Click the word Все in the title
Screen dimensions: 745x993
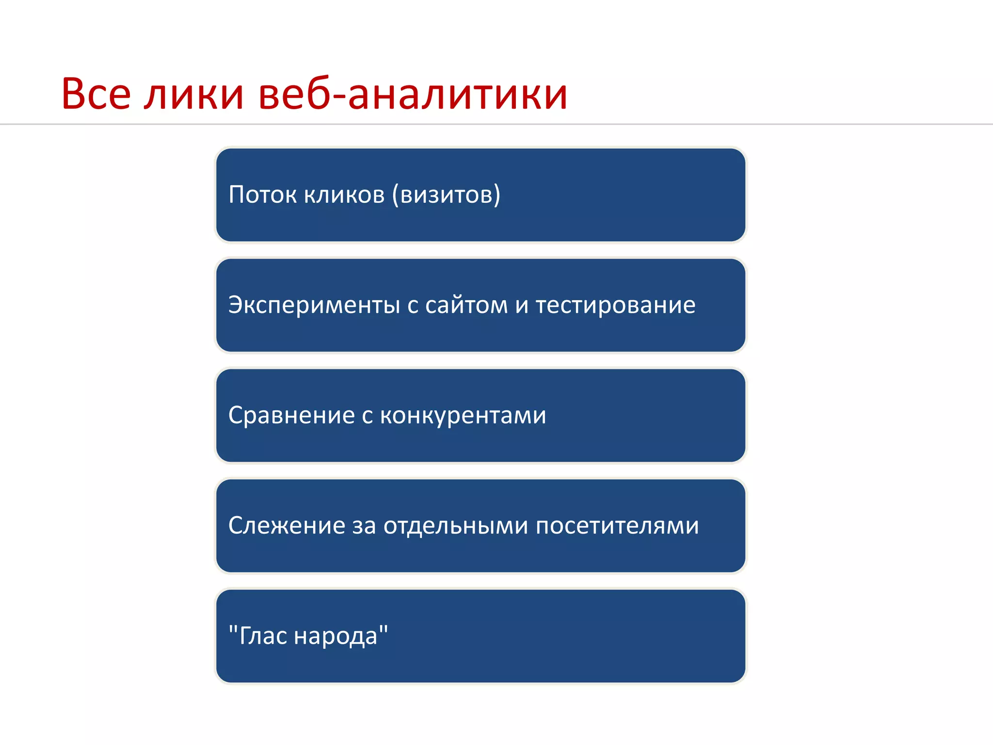(96, 94)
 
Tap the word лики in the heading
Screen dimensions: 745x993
(194, 95)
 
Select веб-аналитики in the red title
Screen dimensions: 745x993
(413, 94)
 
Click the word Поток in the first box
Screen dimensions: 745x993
(262, 194)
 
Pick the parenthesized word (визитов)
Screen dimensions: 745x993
(446, 194)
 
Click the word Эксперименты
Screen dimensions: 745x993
(314, 306)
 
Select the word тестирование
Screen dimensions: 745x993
(616, 306)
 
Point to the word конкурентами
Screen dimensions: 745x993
(463, 416)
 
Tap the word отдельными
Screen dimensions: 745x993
(456, 526)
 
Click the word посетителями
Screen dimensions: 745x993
(617, 526)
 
